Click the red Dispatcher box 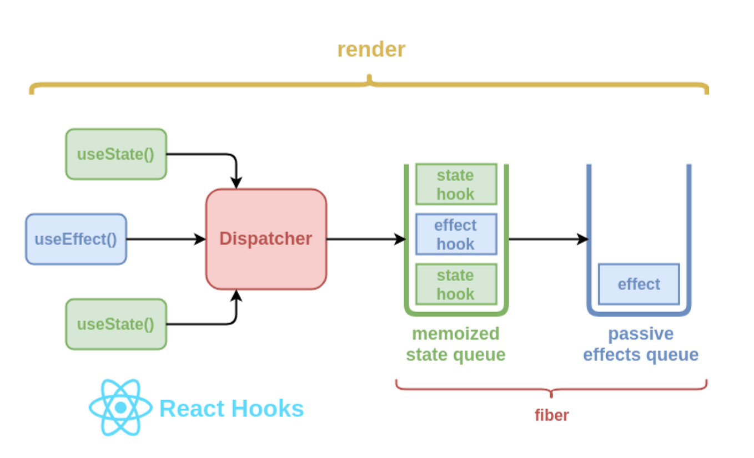[x=266, y=239]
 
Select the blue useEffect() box [x=76, y=240]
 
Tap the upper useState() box [x=116, y=154]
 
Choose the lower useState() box [x=116, y=324]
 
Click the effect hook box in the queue [x=456, y=235]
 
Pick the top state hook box [x=456, y=184]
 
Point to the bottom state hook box [x=456, y=284]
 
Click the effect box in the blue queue [x=639, y=284]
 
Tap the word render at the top [x=371, y=49]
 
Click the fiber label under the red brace [x=551, y=415]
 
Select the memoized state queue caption [x=456, y=344]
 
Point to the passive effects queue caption [x=640, y=344]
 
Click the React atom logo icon [x=120, y=408]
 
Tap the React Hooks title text [x=232, y=409]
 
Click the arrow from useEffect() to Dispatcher [x=166, y=240]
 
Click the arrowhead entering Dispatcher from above [x=237, y=182]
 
